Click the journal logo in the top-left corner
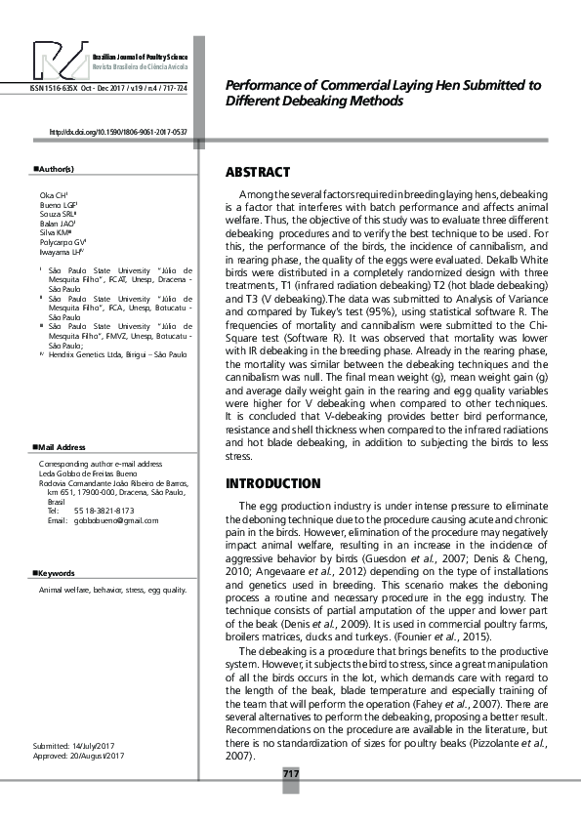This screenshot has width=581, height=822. [x=60, y=61]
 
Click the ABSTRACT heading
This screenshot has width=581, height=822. [x=258, y=172]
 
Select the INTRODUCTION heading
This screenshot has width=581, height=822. [x=272, y=483]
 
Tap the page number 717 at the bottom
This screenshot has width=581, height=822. [x=290, y=774]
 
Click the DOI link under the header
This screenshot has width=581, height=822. [x=117, y=131]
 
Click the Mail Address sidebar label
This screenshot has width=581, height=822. [x=61, y=447]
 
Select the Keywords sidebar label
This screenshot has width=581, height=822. [x=56, y=573]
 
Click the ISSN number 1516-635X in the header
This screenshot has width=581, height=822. [x=59, y=88]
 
